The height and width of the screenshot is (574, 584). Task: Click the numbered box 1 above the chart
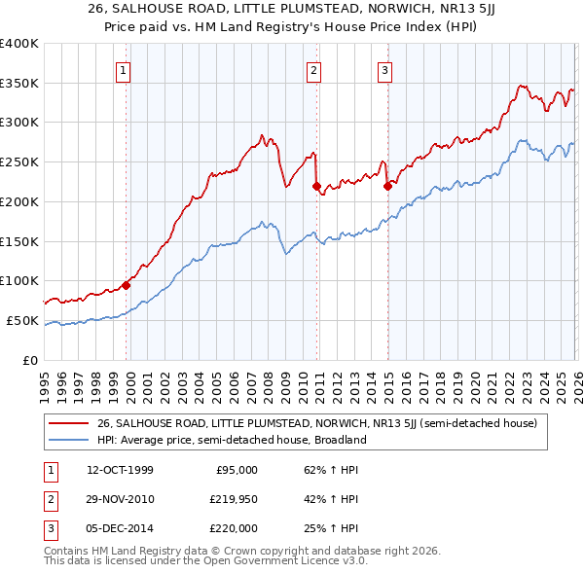[x=126, y=69]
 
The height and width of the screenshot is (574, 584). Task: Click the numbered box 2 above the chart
[x=314, y=69]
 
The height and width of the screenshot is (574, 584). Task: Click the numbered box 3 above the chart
[x=384, y=69]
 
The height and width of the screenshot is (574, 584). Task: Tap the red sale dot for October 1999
[x=126, y=285]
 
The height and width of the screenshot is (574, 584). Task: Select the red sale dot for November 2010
[x=316, y=186]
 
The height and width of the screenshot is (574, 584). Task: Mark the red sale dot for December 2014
[x=386, y=186]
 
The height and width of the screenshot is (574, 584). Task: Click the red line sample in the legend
[x=69, y=423]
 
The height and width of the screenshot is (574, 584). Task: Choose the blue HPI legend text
[x=231, y=440]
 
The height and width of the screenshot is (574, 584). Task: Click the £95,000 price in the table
[x=237, y=470]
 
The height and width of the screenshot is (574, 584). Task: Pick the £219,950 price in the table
[x=234, y=499]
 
